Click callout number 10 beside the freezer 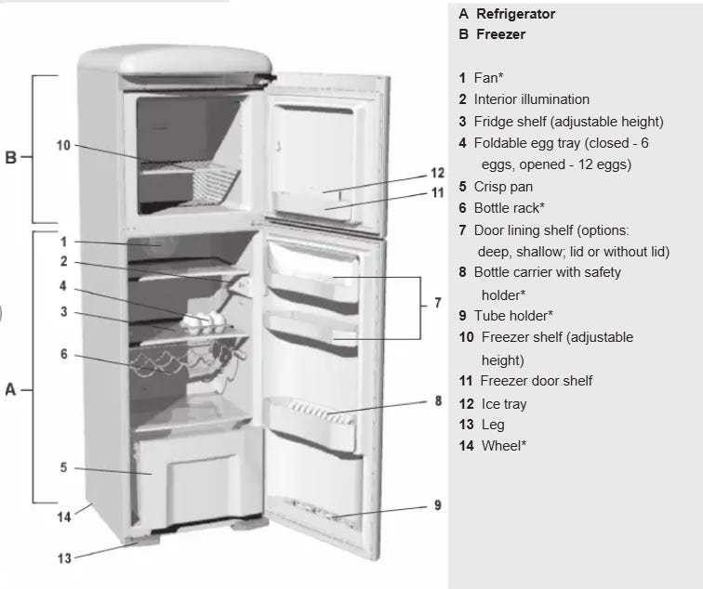63,146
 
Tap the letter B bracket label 11,157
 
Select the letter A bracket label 11,389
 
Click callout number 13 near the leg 63,557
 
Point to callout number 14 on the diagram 63,517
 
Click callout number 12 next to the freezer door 438,173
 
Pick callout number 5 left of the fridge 63,467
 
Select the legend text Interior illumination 531,99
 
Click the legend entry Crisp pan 503,186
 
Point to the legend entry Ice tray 504,404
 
